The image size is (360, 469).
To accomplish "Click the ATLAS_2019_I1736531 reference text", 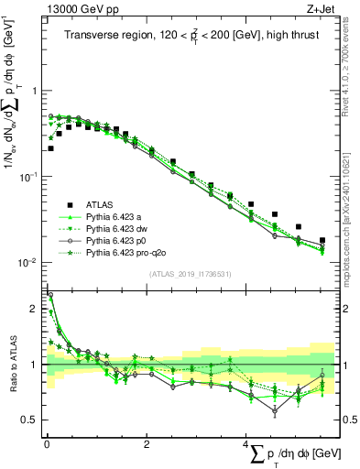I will click(x=191, y=274).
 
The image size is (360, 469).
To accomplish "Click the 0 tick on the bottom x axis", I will click(x=47, y=444).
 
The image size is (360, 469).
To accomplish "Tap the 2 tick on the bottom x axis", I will click(x=147, y=444).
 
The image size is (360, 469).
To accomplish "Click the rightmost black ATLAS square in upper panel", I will click(x=322, y=241).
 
